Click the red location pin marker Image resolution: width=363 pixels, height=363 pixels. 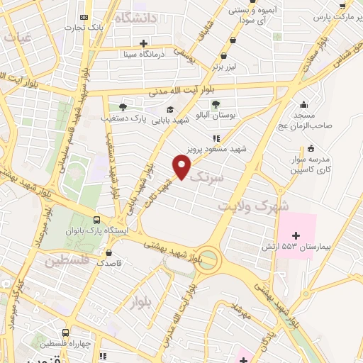pyautogui.click(x=181, y=167)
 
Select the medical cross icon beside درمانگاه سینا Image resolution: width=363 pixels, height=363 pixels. pyautogui.click(x=143, y=43)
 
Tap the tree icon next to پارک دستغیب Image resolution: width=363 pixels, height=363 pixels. pyautogui.click(x=123, y=107)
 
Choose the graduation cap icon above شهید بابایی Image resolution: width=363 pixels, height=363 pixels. pyautogui.click(x=170, y=109)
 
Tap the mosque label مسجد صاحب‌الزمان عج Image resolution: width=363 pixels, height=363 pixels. pyautogui.click(x=310, y=120)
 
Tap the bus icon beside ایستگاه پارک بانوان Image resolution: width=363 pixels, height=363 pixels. pyautogui.click(x=97, y=219)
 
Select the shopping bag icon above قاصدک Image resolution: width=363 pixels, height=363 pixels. pyautogui.click(x=108, y=252)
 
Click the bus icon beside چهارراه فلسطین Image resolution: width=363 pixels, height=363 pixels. pyautogui.click(x=66, y=332)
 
